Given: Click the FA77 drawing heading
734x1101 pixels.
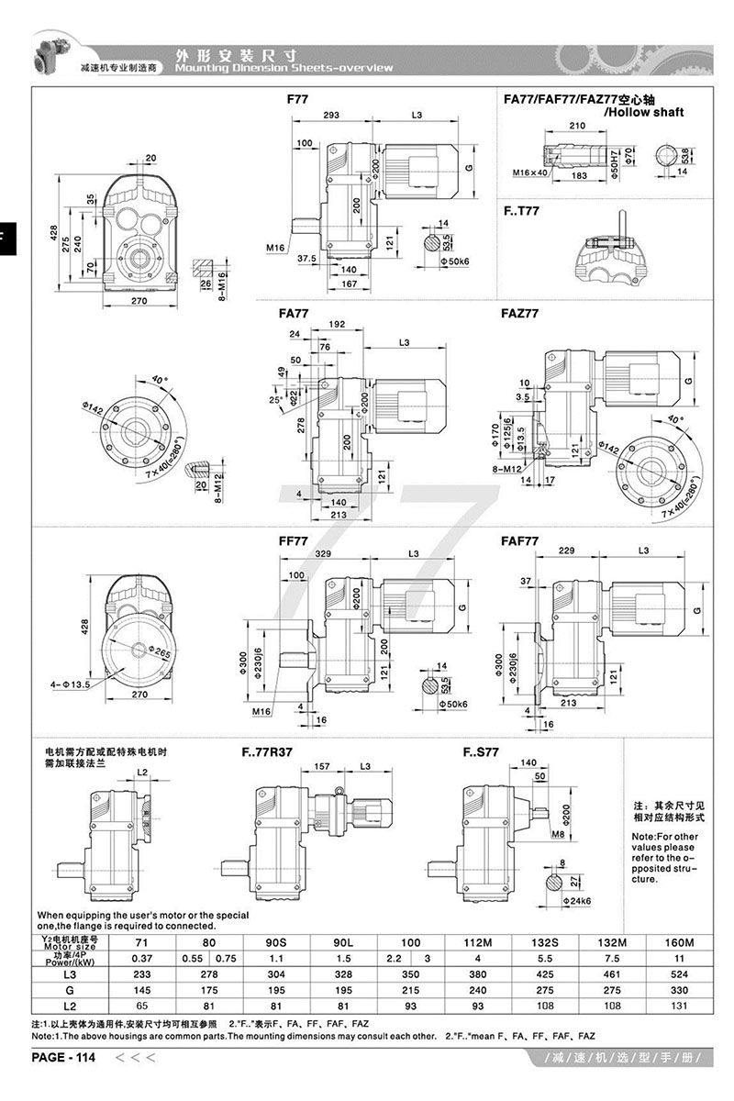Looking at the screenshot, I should coord(293,313).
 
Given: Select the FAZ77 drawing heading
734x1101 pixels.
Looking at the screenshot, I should coord(520,313).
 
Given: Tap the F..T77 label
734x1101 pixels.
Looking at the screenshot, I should coord(522,210).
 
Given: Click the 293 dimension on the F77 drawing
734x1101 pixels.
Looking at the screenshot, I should coord(331,116).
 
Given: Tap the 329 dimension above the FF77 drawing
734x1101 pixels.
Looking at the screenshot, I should coord(323,555).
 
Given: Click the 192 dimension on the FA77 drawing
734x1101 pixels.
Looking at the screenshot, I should coord(336,324).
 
